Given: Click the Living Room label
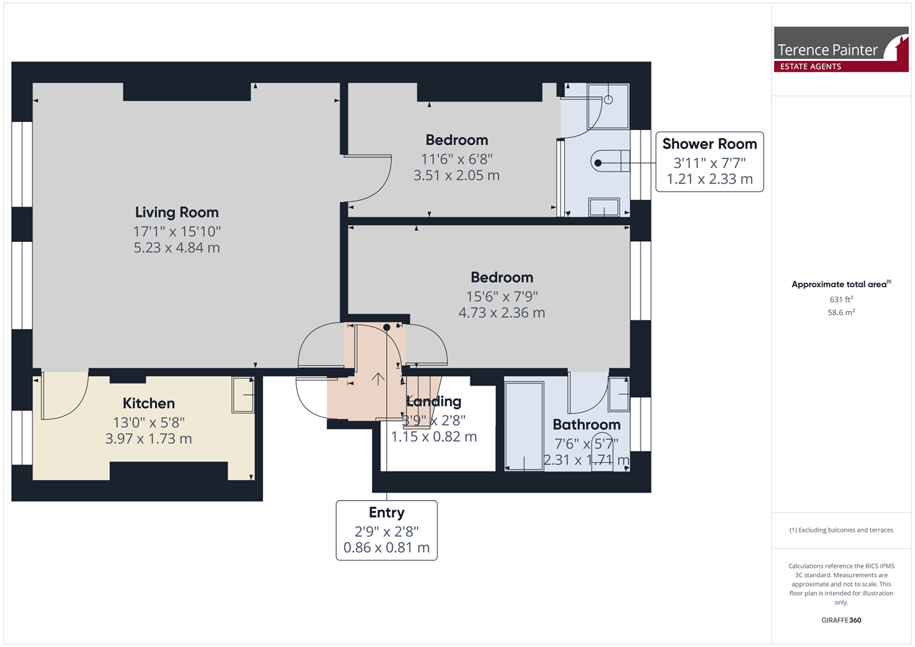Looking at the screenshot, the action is pyautogui.click(x=177, y=212).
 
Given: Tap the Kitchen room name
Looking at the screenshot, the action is pyautogui.click(x=148, y=403).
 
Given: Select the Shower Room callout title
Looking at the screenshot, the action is pyautogui.click(x=710, y=144).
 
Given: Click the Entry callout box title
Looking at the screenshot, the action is pyautogui.click(x=386, y=512).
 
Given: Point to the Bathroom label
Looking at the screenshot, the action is pyautogui.click(x=586, y=425).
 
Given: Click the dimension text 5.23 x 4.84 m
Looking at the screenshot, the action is pyautogui.click(x=177, y=247).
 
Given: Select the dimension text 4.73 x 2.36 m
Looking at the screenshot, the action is pyautogui.click(x=502, y=313).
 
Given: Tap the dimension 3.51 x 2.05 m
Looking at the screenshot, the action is pyautogui.click(x=457, y=175).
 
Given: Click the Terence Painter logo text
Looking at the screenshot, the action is pyautogui.click(x=828, y=50).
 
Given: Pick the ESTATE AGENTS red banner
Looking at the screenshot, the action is pyautogui.click(x=841, y=66).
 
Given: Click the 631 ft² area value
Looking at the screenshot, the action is pyautogui.click(x=841, y=299).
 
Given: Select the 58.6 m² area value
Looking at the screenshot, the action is pyautogui.click(x=841, y=312).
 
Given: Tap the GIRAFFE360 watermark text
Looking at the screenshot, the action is pyautogui.click(x=841, y=620).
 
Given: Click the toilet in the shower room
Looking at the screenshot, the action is pyautogui.click(x=610, y=163).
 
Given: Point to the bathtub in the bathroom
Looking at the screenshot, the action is pyautogui.click(x=524, y=425).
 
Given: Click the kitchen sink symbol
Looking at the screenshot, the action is pyautogui.click(x=243, y=395).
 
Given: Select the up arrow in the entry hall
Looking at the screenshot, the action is pyautogui.click(x=378, y=379).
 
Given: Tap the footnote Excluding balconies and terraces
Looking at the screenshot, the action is pyautogui.click(x=841, y=530).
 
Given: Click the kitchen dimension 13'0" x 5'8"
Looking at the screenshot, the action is pyautogui.click(x=148, y=422).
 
